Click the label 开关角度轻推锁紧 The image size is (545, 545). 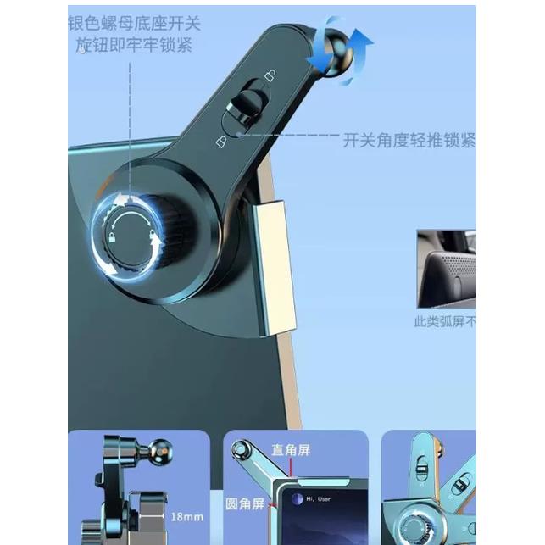[x=409, y=141]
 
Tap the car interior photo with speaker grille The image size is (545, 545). [x=447, y=269]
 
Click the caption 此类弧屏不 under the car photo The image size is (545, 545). [x=444, y=322]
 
